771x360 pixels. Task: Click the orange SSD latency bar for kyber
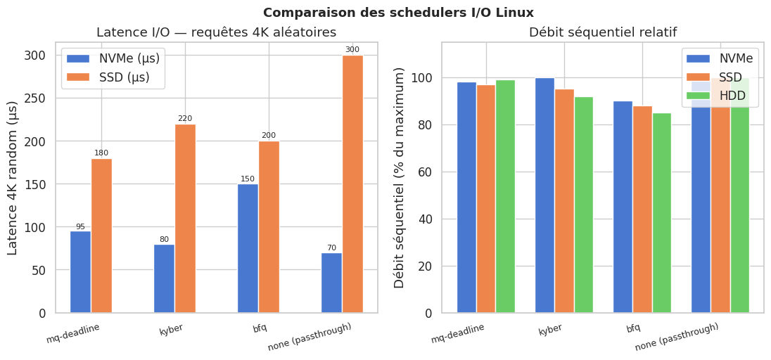pyautogui.click(x=185, y=219)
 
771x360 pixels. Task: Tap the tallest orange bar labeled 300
pyautogui.click(x=352, y=184)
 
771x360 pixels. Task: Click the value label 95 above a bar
pyautogui.click(x=80, y=226)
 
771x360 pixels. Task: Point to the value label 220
pyautogui.click(x=185, y=119)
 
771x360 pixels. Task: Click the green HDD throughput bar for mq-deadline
pyautogui.click(x=505, y=196)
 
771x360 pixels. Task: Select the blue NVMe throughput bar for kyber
pyautogui.click(x=544, y=195)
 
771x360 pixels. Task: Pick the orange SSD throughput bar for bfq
pyautogui.click(x=642, y=210)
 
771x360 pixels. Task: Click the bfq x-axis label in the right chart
pyautogui.click(x=633, y=328)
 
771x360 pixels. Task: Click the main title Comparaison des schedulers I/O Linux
pyautogui.click(x=398, y=13)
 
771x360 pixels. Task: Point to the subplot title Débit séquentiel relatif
pyautogui.click(x=603, y=32)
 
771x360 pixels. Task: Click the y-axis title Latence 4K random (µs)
pyautogui.click(x=13, y=178)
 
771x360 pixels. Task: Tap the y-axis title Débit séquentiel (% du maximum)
pyautogui.click(x=400, y=178)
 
